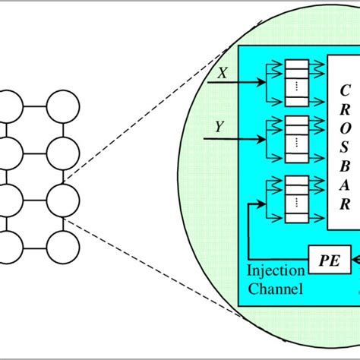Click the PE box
(x=330, y=260)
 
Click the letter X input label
(x=223, y=73)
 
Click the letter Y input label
(x=219, y=127)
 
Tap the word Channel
(x=275, y=288)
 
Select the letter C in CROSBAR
(x=345, y=90)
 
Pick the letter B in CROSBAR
(x=345, y=166)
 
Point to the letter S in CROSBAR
(x=344, y=147)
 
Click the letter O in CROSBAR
(x=346, y=129)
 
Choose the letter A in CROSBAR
(x=344, y=186)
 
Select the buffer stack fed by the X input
(x=297, y=83)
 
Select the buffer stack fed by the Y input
(x=297, y=139)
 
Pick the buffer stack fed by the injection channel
(x=297, y=199)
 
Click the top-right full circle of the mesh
(x=63, y=106)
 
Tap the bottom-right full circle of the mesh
(x=63, y=248)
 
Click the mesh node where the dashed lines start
(x=63, y=201)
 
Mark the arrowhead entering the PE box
(x=356, y=260)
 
